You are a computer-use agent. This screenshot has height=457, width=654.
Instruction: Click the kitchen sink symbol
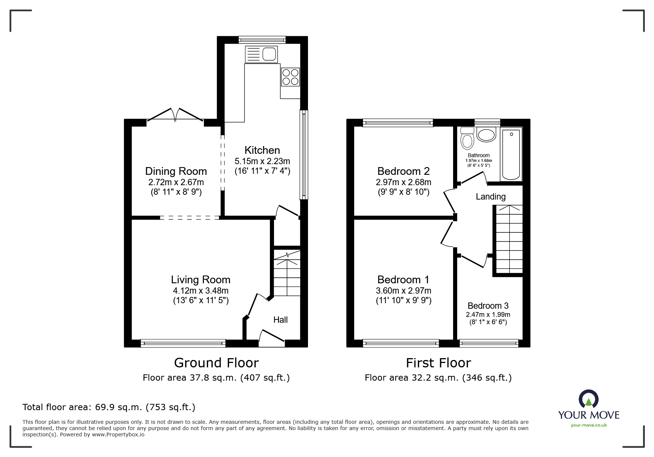point(261,54)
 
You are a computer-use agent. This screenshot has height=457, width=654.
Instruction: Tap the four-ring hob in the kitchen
point(290,77)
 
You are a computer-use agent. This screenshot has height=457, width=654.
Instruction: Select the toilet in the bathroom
point(468,138)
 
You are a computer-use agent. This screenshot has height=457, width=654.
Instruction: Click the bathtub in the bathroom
point(511,154)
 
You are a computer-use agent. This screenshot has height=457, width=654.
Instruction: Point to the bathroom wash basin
point(486,135)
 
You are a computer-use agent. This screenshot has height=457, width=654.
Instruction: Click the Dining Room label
point(176,171)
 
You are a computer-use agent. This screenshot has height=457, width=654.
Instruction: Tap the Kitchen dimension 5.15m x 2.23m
point(262,161)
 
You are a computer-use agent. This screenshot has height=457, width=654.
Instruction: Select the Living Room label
point(201,280)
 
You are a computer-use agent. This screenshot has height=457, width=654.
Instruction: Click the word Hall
point(280,320)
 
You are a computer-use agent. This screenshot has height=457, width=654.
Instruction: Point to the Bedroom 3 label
point(488,306)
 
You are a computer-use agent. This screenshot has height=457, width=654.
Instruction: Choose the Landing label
point(490,197)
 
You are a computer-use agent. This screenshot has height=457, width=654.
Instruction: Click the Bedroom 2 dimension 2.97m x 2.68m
point(403,182)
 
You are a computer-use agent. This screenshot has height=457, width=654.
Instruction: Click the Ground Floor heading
point(216,363)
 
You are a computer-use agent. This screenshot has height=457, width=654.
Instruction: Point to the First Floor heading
point(438,363)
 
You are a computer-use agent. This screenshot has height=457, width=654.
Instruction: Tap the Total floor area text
point(109,407)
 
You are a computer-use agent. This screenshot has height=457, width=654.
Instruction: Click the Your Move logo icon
point(588,399)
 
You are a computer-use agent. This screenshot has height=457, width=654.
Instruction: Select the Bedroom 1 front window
point(401,343)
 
